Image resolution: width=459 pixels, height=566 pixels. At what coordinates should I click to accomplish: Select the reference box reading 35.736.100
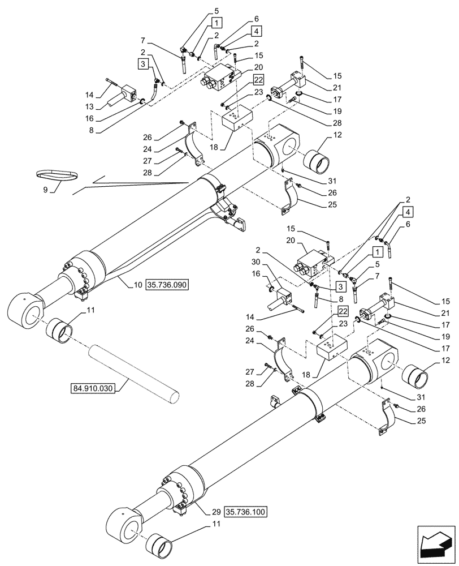247,512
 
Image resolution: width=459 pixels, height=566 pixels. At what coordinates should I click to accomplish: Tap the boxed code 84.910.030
93,389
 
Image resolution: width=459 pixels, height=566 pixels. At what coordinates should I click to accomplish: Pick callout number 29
216,512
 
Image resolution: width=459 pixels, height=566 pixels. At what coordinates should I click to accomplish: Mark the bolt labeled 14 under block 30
295,309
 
